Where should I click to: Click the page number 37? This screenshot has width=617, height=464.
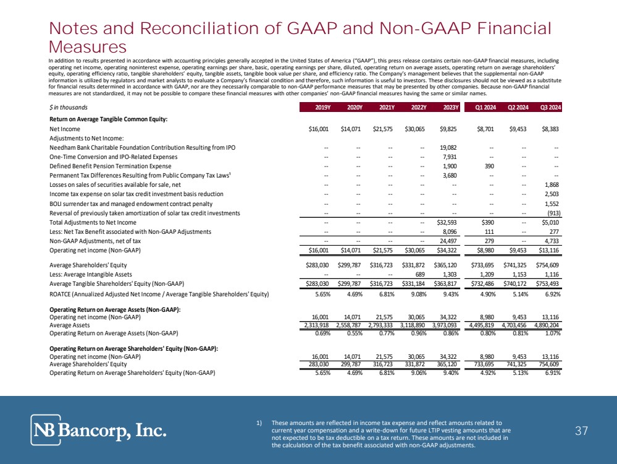pyautogui.click(x=581, y=431)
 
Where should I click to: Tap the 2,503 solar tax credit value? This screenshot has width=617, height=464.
pyautogui.click(x=551, y=194)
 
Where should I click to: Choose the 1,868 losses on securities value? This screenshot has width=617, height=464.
pyautogui.click(x=551, y=185)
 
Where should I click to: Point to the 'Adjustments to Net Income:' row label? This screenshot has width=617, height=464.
pyautogui.click(x=87, y=138)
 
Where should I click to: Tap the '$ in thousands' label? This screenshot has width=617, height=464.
pyautogui.click(x=69, y=108)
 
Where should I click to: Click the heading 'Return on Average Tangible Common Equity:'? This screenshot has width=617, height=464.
pyautogui.click(x=109, y=119)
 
